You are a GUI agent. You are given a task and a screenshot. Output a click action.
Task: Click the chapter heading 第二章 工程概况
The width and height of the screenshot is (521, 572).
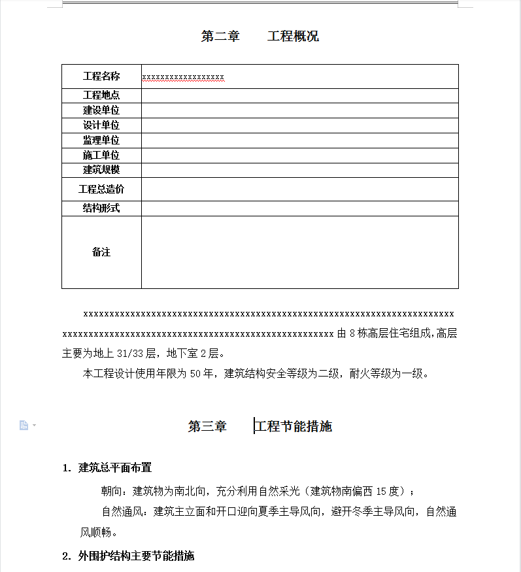[x=260, y=36]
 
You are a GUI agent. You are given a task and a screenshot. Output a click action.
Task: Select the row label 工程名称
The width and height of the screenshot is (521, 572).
[x=101, y=76]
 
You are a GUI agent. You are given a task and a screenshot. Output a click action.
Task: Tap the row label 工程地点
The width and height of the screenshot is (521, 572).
[x=101, y=95]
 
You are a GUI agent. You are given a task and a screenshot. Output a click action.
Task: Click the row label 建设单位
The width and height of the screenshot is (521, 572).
[x=101, y=110]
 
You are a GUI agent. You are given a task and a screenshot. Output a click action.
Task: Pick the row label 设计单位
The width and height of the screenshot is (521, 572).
[x=101, y=126]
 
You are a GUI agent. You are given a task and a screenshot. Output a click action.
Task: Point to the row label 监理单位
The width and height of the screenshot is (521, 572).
[x=101, y=141]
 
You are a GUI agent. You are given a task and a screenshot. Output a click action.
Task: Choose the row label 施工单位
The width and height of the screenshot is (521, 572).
[x=101, y=156]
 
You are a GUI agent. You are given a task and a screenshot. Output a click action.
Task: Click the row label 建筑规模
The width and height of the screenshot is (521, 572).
[x=101, y=170]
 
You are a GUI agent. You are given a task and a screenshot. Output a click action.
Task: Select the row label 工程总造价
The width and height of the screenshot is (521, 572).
[x=101, y=190]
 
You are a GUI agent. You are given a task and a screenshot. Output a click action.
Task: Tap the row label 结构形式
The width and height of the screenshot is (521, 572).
[x=101, y=209]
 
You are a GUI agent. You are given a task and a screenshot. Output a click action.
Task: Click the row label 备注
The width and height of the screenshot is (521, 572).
[x=101, y=252]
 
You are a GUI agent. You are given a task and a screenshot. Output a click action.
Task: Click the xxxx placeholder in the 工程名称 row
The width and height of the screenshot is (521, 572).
[x=183, y=78]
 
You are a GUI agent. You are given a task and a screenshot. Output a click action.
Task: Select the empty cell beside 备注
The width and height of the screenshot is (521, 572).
[x=299, y=252]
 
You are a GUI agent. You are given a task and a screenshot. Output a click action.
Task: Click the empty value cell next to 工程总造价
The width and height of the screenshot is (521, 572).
[x=299, y=190]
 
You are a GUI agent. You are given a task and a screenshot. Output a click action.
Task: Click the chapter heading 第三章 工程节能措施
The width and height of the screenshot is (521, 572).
[x=260, y=427]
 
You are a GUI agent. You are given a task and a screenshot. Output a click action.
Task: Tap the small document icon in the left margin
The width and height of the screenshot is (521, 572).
[x=24, y=426]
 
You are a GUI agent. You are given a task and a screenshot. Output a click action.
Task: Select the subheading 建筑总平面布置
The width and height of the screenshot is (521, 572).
[x=115, y=467]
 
